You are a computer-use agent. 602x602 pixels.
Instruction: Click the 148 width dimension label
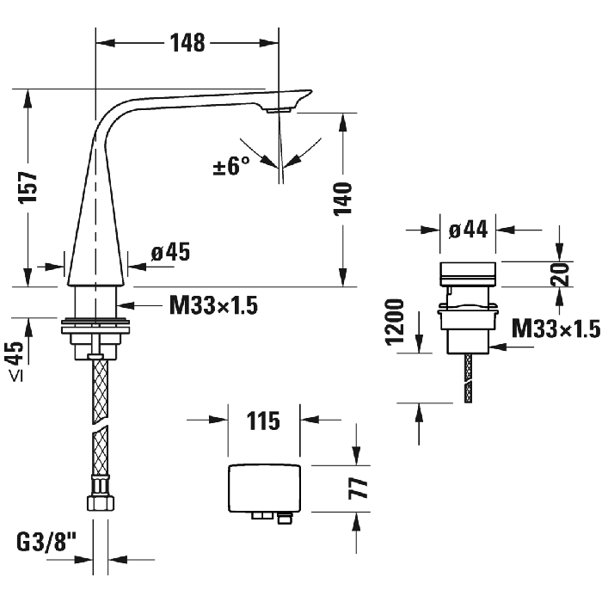click(x=187, y=41)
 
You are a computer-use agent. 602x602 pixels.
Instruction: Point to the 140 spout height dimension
click(x=342, y=199)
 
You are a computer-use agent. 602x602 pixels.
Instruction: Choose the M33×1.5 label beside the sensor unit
click(x=555, y=329)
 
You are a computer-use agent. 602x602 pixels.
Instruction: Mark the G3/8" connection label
click(x=44, y=543)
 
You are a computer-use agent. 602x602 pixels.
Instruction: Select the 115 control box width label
click(x=262, y=421)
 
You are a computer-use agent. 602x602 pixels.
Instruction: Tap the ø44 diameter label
click(x=468, y=229)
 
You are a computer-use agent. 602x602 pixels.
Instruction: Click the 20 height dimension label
click(x=561, y=274)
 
